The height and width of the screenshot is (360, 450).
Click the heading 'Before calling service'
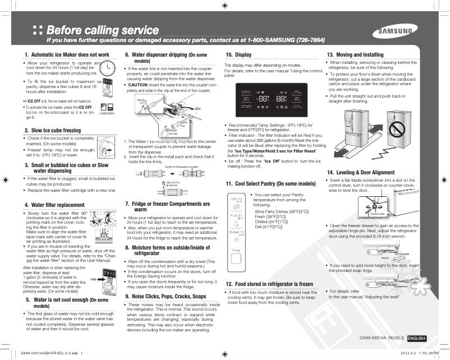(x=103, y=29)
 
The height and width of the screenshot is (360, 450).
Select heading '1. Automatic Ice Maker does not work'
(x=66, y=54)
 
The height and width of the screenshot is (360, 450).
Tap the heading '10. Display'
(x=238, y=54)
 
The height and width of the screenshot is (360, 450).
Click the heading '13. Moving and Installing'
(x=355, y=54)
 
